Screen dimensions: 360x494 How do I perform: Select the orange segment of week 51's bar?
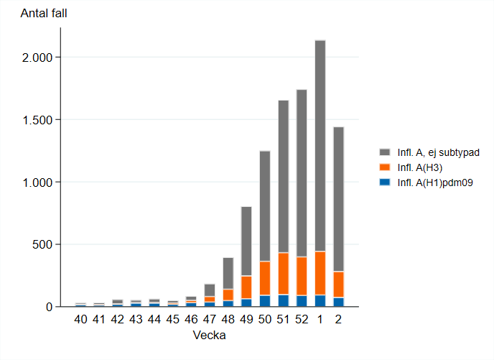(284, 274)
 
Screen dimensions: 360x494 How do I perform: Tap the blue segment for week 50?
(265, 301)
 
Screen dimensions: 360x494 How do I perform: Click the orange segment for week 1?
(320, 273)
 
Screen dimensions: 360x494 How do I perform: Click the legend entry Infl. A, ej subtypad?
(438, 152)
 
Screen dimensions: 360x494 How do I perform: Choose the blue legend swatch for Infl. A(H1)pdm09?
(385, 182)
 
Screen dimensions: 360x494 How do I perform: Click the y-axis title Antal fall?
(44, 13)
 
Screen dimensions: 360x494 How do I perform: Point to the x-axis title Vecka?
(210, 335)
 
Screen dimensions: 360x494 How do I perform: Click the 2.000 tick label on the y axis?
(37, 57)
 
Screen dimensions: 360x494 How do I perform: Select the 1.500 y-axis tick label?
(37, 120)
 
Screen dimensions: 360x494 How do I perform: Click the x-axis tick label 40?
(80, 319)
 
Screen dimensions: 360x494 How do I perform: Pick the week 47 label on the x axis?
(210, 319)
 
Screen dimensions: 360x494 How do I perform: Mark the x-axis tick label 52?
(302, 319)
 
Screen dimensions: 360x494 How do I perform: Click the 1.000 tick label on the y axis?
(37, 183)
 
